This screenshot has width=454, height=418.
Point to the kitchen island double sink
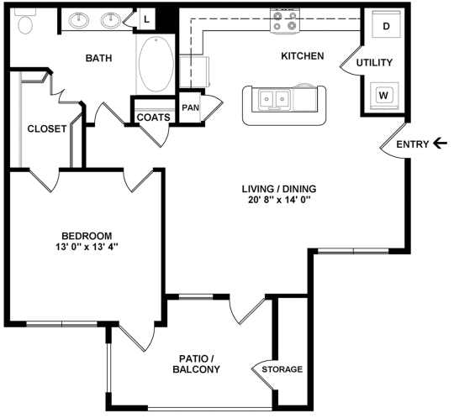tap(275, 100)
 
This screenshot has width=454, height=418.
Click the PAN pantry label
tap(190, 107)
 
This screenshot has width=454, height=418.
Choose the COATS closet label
tap(153, 118)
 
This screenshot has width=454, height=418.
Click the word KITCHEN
tap(302, 56)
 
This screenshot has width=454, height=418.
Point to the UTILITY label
tap(374, 63)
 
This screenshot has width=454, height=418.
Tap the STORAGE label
tap(282, 369)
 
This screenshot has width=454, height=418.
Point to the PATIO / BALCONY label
tap(196, 363)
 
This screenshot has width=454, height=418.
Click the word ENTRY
tap(412, 144)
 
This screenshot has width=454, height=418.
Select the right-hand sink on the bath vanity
tap(109, 20)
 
